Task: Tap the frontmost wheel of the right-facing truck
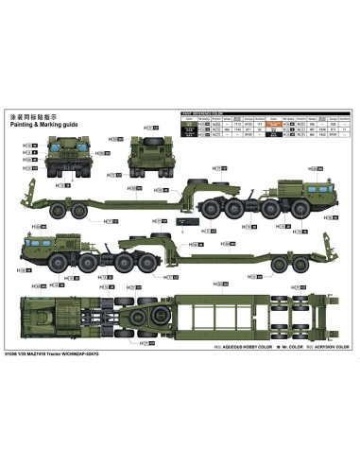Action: point(308,216)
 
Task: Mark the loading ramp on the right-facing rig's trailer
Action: point(43,214)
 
